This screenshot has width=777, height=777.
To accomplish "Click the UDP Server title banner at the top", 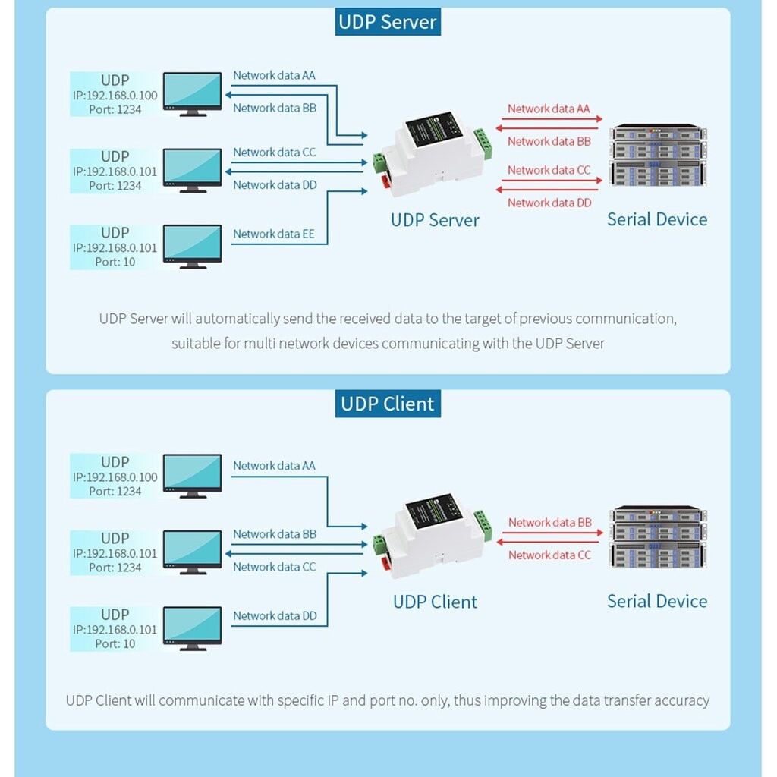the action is (388, 22).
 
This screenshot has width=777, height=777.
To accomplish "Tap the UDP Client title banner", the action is (388, 404).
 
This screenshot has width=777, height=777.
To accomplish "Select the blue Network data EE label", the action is (273, 234).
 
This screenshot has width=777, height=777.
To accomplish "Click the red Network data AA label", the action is (549, 109).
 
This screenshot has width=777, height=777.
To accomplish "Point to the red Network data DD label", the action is (549, 203).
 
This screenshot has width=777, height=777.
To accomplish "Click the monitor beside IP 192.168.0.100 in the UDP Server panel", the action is (192, 94).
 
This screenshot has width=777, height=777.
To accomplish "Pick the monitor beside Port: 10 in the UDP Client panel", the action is (192, 628).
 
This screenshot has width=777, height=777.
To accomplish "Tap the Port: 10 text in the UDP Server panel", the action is (115, 262).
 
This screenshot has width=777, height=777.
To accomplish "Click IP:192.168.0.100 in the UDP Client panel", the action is (115, 477).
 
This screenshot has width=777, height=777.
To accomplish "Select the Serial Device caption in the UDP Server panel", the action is (657, 219).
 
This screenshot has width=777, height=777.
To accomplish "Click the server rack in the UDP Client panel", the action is (658, 537).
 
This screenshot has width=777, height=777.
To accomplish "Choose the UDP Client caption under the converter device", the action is (435, 602).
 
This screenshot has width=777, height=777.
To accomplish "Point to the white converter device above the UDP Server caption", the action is (433, 153).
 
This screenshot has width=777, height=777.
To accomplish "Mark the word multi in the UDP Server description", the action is (260, 343).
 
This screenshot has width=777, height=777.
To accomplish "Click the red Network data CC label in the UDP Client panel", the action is (549, 555).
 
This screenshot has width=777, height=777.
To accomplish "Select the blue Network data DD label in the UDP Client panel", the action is (275, 615).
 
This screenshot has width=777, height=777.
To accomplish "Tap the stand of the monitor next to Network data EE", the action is (193, 266).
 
